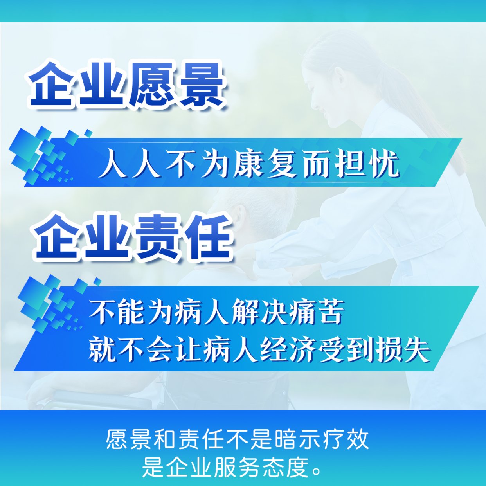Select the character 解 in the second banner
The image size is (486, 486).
coord(244,312)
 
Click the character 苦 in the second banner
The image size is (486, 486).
coord(330,312)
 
